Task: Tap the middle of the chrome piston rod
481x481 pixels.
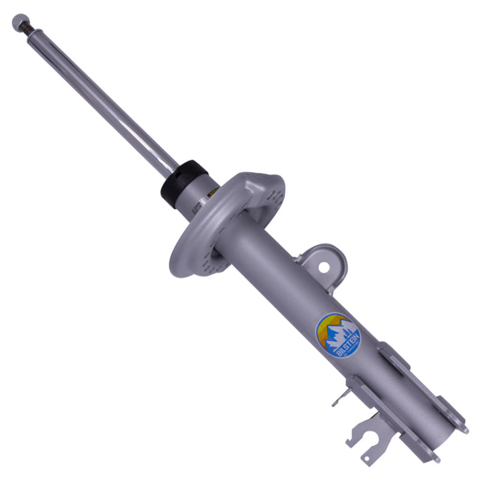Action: (102, 96)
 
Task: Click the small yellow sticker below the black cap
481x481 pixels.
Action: (211, 194)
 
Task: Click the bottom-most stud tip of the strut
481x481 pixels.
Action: (436, 461)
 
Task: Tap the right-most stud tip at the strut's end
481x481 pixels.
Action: (464, 430)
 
